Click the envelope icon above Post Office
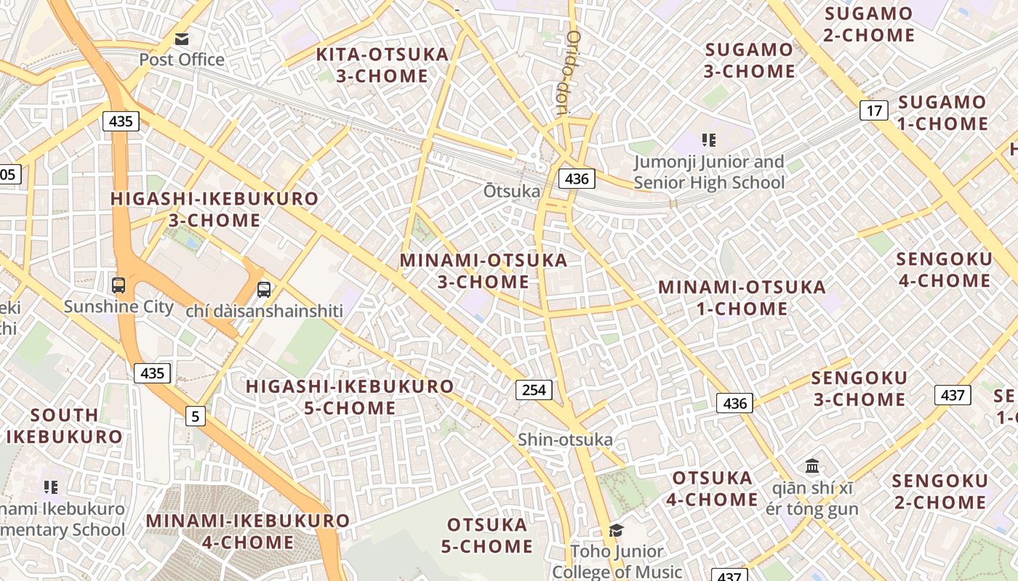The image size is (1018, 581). tap(181, 38)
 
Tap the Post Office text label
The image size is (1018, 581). tap(182, 60)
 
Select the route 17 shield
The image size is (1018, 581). tap(874, 110)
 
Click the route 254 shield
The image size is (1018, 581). tap(534, 390)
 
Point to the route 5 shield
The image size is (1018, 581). tap(195, 416)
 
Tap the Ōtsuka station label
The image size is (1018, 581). tap(513, 191)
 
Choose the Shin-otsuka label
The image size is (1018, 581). tap(565, 439)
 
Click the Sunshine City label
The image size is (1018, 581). tap(119, 306)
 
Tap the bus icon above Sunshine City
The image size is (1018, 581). tap(119, 285)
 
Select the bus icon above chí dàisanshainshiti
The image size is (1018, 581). tap(264, 289)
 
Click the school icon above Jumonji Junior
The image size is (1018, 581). tap(709, 140)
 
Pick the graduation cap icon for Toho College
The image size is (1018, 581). tap(616, 531)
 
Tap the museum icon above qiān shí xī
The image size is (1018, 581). tap(812, 466)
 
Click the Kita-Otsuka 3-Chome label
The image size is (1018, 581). tap(382, 65)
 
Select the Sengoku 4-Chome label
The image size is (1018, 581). tap(944, 270)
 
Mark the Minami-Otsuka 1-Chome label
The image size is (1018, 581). tap(742, 298)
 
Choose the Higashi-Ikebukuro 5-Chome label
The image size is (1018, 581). tap(350, 397)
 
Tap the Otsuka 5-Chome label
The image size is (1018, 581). tap(487, 535)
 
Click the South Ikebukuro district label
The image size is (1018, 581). tap(65, 426)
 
